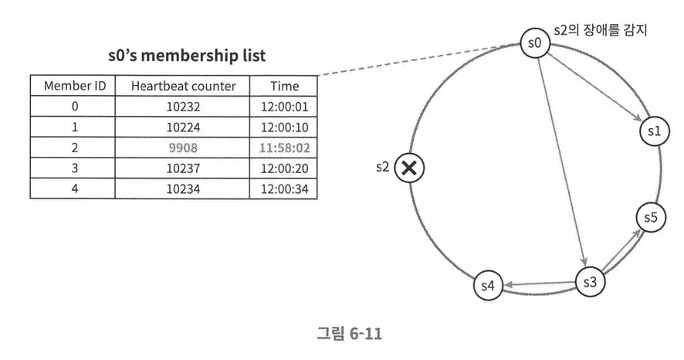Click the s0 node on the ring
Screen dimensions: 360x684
[533, 44]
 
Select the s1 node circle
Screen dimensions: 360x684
[653, 132]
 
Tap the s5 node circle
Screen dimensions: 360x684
[649, 219]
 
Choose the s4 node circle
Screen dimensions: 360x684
[488, 286]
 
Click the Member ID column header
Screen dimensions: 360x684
[74, 86]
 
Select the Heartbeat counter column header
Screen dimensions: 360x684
[184, 86]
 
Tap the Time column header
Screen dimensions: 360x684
[284, 86]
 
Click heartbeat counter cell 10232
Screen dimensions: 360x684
[184, 106]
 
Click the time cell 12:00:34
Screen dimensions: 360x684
[284, 188]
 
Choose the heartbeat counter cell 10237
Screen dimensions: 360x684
[184, 167]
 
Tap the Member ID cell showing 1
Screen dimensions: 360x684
[74, 127]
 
